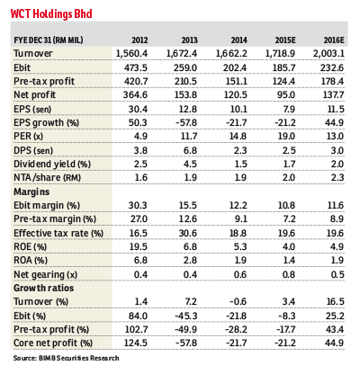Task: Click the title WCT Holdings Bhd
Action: click(51, 13)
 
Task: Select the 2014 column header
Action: click(238, 40)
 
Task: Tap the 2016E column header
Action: click(334, 40)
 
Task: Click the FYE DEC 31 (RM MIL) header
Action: click(49, 40)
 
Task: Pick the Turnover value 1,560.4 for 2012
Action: click(131, 54)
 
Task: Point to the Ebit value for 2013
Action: click(185, 67)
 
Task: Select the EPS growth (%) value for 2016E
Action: click(334, 122)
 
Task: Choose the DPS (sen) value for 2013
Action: click(190, 150)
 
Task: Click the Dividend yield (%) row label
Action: click(52, 165)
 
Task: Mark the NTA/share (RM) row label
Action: click(48, 178)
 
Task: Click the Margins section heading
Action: click(31, 191)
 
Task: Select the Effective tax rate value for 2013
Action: click(188, 233)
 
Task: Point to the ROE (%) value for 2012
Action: click(138, 246)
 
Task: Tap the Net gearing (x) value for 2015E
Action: click(288, 274)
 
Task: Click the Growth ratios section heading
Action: click(43, 288)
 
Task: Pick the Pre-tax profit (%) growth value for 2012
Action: click(136, 329)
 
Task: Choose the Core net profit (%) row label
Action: click(53, 343)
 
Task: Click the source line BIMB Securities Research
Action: click(66, 358)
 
